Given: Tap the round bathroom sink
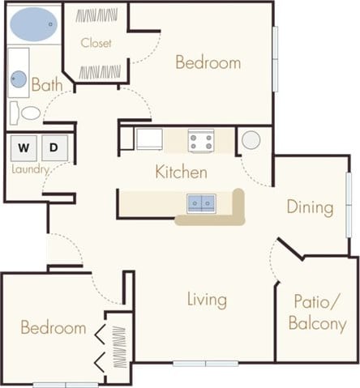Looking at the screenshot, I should click(19, 80).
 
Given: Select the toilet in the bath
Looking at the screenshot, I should click(30, 113).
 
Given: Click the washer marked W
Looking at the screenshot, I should click(23, 148).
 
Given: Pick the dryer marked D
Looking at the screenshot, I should click(53, 148).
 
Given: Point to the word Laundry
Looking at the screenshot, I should click(31, 169).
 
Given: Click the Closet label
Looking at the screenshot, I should click(96, 43).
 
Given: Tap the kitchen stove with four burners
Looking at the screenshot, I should click(200, 142).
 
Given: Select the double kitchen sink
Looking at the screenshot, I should click(202, 203).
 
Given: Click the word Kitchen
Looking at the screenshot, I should click(182, 173).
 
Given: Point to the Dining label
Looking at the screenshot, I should click(310, 207).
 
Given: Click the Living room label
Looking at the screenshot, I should click(207, 300).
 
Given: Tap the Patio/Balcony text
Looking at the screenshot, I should click(317, 315).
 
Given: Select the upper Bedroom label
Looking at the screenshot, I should click(208, 62).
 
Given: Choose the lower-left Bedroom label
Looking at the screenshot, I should click(54, 328).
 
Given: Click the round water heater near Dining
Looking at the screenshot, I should click(251, 140).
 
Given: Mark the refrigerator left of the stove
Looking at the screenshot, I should click(148, 139).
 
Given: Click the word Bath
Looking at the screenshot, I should click(47, 83).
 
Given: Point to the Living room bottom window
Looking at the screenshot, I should click(205, 363).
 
